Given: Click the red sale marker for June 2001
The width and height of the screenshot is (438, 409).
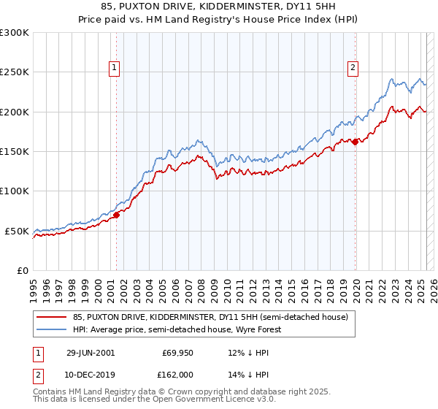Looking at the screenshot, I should tap(116, 215).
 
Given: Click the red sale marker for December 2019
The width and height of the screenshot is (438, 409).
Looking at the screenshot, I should tap(356, 142).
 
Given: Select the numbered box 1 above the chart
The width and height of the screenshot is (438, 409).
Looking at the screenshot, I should tap(115, 68).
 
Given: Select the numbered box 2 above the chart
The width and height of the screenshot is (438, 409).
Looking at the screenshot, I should tap(353, 68).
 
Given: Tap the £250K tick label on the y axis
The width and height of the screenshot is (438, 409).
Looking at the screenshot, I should tap(15, 72).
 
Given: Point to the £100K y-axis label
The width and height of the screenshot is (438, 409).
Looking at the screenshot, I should tap(15, 191).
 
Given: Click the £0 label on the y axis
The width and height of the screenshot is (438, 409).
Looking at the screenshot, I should tap(22, 270).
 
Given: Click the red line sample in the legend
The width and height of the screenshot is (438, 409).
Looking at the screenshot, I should tap(51, 317).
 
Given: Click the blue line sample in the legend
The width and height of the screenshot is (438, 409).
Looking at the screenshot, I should tap(51, 329).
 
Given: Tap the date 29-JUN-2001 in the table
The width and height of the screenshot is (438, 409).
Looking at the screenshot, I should tap(91, 352).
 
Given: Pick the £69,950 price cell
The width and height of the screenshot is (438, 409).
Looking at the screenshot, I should tap(175, 352).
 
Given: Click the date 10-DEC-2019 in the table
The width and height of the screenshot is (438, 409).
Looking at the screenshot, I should tap(91, 374).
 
